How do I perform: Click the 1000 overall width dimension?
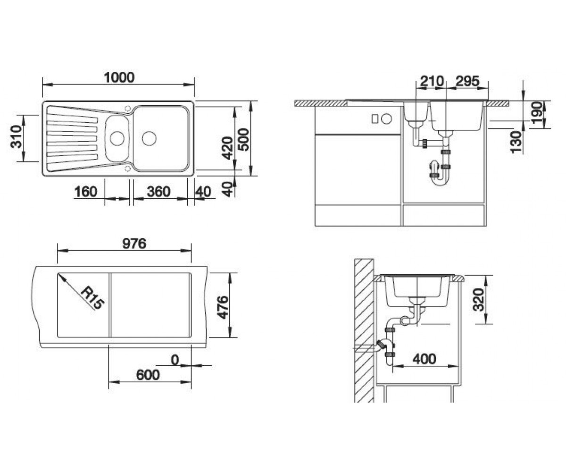[119, 77]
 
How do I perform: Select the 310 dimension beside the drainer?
[16, 136]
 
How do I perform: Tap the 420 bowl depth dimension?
[227, 148]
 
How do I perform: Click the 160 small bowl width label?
[86, 192]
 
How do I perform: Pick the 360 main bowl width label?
[158, 192]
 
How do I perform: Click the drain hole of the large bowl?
[149, 138]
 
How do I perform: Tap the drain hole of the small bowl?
[117, 138]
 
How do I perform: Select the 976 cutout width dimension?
[134, 244]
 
